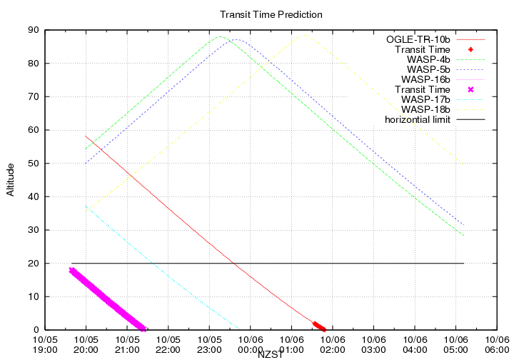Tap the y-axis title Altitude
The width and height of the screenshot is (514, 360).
[11, 179]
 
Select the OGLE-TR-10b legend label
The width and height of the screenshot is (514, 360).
[418, 39]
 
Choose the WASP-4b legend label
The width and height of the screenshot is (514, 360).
[428, 59]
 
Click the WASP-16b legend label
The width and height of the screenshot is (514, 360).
[426, 79]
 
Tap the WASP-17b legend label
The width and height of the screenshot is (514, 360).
[426, 99]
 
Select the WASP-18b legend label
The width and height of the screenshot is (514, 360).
[426, 109]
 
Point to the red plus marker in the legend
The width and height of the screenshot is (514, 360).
[470, 49]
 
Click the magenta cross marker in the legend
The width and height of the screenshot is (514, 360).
[470, 89]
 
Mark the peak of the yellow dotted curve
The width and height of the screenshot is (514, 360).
[306, 35]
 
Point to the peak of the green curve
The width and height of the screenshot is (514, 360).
[221, 37]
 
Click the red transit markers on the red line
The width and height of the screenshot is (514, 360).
[320, 326]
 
